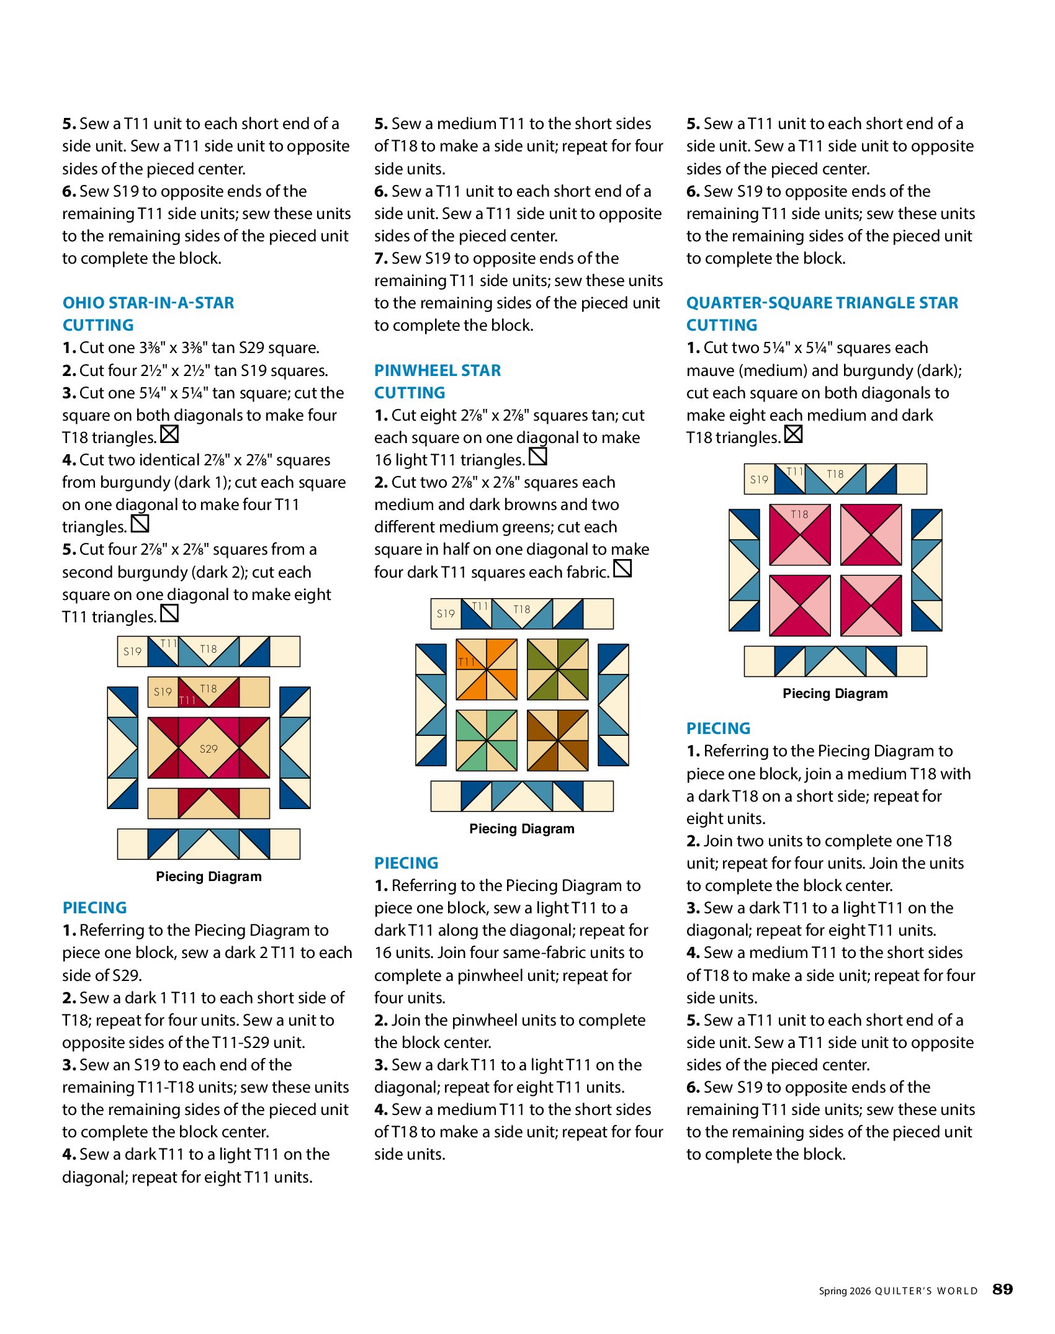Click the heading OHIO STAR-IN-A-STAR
148,303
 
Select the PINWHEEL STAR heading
438,370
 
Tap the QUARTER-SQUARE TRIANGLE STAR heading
822,303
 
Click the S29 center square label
209,748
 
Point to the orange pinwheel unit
487,669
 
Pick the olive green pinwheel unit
557,669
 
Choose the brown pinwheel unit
557,740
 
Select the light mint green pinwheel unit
487,740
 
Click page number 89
1002,1290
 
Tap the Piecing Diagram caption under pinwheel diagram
522,829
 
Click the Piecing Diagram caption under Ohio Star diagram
209,877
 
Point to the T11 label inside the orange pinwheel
466,662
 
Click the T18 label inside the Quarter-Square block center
799,514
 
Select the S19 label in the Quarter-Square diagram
759,480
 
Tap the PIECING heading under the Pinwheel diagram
406,863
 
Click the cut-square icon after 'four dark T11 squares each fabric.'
622,568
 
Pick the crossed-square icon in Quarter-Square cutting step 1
793,434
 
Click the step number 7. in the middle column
381,259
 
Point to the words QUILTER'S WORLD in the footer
926,1291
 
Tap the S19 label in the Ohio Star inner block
163,692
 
